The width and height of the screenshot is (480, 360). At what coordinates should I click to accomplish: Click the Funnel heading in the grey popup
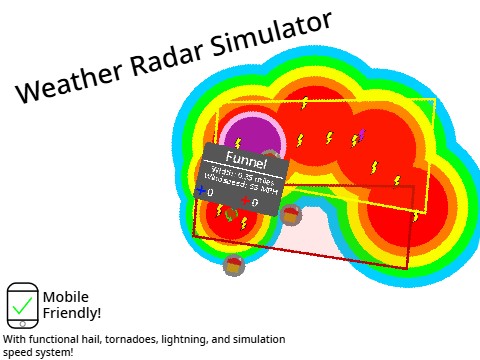pos(246,159)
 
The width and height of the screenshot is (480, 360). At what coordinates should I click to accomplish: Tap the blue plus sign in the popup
pos(201,190)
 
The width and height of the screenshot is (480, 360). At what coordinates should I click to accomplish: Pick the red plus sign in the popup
pos(246,201)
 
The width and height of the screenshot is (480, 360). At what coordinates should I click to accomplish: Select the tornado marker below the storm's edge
pos(234,265)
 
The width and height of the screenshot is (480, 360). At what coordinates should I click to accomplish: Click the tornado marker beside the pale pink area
pos(291,214)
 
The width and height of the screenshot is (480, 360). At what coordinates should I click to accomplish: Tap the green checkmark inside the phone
pos(22,306)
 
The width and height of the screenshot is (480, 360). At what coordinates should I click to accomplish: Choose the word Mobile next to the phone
pos(66,297)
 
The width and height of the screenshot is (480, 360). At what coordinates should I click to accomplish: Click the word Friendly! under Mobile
pos(71,313)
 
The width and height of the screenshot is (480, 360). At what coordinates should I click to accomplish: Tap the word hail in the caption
pos(96,340)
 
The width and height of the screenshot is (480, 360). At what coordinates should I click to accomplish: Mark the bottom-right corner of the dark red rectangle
pos(411,262)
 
